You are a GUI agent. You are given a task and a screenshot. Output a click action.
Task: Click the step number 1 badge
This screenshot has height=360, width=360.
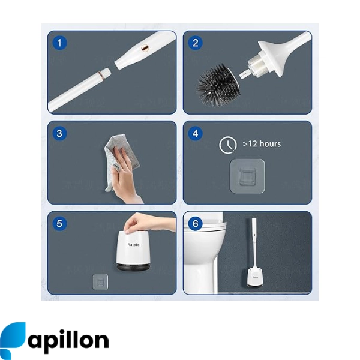click(x=59, y=43)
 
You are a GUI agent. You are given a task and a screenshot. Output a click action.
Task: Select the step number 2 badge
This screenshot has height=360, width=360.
click(x=196, y=43)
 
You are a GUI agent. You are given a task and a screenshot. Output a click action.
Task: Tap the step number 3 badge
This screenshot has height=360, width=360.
click(x=59, y=133)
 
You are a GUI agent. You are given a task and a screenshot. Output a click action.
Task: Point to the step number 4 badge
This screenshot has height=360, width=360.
click(x=196, y=133)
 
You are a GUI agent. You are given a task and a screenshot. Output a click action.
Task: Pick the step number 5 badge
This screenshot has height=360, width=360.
click(x=59, y=224)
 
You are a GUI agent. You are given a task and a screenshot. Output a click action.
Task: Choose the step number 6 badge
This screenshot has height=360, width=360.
click(x=196, y=224)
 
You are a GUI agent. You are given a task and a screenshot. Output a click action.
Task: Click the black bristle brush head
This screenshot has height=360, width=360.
click(x=217, y=85)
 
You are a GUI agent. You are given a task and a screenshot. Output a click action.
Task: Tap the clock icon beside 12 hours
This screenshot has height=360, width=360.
click(x=228, y=145)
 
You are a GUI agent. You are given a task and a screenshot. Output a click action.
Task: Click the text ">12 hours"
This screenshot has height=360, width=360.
click(x=262, y=144)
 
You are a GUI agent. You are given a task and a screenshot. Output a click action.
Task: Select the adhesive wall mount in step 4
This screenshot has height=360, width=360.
click(x=247, y=176)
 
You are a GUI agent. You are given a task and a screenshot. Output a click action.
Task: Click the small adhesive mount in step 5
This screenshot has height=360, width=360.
click(x=100, y=282)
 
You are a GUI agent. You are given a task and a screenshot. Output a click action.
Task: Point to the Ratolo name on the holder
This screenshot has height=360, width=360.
click(x=133, y=245)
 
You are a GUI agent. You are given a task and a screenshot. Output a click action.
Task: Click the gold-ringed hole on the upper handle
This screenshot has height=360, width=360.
click(x=145, y=47)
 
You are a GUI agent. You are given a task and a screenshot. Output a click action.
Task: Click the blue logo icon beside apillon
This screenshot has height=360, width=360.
click(x=13, y=340)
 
